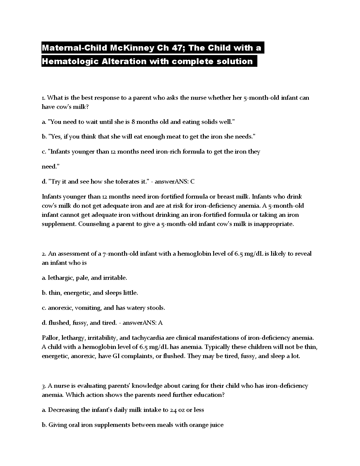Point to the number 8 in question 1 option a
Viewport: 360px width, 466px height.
(x=133, y=122)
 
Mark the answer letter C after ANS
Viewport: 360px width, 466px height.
(x=192, y=182)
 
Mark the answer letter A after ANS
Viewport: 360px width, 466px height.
(x=160, y=323)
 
